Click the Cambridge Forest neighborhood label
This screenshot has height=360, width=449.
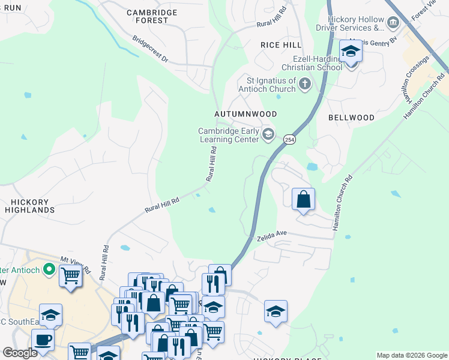pyautogui.click(x=152, y=16)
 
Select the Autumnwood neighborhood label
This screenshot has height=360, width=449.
pyautogui.click(x=246, y=114)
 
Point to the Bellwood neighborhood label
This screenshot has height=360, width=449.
pyautogui.click(x=351, y=118)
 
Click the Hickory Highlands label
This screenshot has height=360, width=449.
pyautogui.click(x=29, y=206)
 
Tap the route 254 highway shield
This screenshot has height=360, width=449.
pyautogui.click(x=289, y=138)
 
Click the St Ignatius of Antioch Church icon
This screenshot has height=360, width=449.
pyautogui.click(x=304, y=84)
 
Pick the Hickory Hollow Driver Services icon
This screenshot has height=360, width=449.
pyautogui.click(x=393, y=23)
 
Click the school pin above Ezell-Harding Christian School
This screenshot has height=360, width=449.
pyautogui.click(x=351, y=52)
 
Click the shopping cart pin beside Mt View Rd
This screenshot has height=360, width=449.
pyautogui.click(x=70, y=277)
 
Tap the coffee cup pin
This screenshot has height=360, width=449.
pyautogui.click(x=42, y=340)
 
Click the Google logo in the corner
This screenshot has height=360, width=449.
pyautogui.click(x=20, y=353)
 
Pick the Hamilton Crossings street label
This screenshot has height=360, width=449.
pyautogui.click(x=415, y=78)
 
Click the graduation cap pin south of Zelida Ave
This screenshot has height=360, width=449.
pyautogui.click(x=276, y=311)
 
